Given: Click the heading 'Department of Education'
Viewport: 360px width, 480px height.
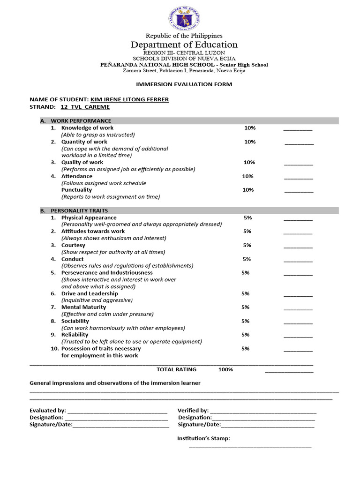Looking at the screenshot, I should (x=184, y=45).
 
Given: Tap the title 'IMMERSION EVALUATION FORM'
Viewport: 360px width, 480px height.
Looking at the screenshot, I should (x=184, y=84).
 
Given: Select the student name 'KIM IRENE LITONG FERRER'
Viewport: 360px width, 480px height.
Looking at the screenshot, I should (x=133, y=99).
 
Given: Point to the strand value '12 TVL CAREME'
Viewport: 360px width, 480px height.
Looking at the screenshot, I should (x=85, y=107).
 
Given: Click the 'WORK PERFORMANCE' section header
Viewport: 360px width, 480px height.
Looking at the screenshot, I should (x=81, y=121).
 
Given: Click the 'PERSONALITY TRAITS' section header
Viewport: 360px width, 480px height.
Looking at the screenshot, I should (x=79, y=211).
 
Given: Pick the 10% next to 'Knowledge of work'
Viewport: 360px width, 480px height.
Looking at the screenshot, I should (x=250, y=128).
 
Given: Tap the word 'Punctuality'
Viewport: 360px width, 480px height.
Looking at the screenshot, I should (x=76, y=190).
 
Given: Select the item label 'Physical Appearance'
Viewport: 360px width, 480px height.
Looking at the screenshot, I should (x=89, y=217).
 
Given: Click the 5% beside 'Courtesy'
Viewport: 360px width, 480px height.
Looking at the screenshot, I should (x=247, y=245).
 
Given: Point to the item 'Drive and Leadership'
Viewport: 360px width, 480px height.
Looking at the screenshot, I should (x=90, y=293).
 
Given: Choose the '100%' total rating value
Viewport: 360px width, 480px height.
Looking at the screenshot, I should (x=225, y=369).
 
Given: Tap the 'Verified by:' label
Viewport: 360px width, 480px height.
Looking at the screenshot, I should (x=193, y=410).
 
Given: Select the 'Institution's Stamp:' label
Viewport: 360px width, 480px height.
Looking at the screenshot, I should (x=203, y=439).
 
